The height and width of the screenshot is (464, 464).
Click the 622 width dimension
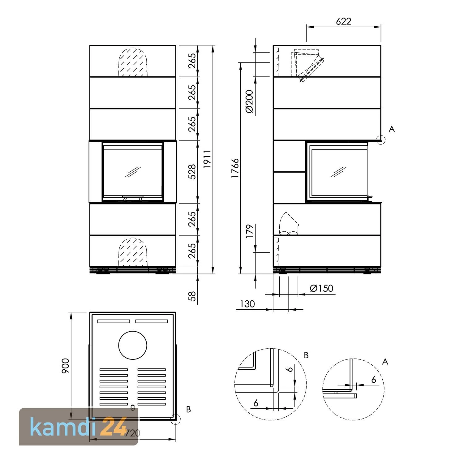(x=343, y=21)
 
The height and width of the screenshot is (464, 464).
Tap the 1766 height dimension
(x=235, y=168)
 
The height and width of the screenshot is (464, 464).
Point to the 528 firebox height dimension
(x=192, y=172)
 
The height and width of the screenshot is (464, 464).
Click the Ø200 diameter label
(x=249, y=101)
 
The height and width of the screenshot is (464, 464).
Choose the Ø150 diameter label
(x=321, y=288)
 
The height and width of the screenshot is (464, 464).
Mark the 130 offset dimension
(x=247, y=304)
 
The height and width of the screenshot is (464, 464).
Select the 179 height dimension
(x=250, y=231)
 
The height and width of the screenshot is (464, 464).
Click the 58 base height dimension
(x=192, y=296)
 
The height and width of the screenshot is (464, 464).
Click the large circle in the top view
(x=133, y=345)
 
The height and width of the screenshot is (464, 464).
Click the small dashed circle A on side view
(x=381, y=140)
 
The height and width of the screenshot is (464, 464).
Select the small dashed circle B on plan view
(x=175, y=419)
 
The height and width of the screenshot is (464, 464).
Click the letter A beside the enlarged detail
(x=385, y=362)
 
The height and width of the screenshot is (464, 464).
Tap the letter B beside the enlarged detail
(x=306, y=355)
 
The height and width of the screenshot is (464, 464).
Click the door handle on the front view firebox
(x=133, y=198)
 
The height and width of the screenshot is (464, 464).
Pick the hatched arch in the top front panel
(x=133, y=62)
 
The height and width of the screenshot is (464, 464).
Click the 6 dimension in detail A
(x=374, y=380)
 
